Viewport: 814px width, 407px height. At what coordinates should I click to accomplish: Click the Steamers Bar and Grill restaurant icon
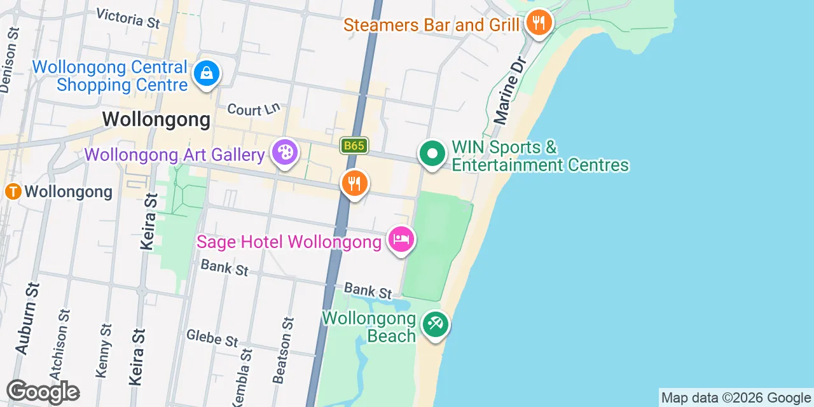pyautogui.click(x=539, y=23)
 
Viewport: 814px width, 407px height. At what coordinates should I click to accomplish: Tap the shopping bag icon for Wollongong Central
pyautogui.click(x=207, y=73)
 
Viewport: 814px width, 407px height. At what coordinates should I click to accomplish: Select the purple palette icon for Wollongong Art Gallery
pyautogui.click(x=284, y=153)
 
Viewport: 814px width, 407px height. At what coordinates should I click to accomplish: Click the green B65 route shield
pyautogui.click(x=354, y=146)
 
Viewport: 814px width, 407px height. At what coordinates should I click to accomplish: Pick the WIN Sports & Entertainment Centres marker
pyautogui.click(x=432, y=153)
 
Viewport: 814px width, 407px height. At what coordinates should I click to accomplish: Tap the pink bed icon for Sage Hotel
pyautogui.click(x=401, y=240)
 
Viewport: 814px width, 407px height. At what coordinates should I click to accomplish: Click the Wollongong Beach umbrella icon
pyautogui.click(x=436, y=324)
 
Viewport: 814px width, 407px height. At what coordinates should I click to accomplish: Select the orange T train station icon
pyautogui.click(x=13, y=191)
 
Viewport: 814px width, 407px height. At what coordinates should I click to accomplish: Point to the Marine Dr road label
pyautogui.click(x=511, y=89)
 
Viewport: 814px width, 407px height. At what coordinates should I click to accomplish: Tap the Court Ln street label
pyautogui.click(x=254, y=109)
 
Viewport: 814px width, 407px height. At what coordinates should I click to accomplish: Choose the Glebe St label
pyautogui.click(x=212, y=338)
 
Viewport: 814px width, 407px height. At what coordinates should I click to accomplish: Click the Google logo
pyautogui.click(x=43, y=392)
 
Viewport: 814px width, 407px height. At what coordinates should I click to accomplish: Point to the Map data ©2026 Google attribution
pyautogui.click(x=736, y=398)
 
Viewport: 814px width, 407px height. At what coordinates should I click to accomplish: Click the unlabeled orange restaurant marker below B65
pyautogui.click(x=354, y=184)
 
